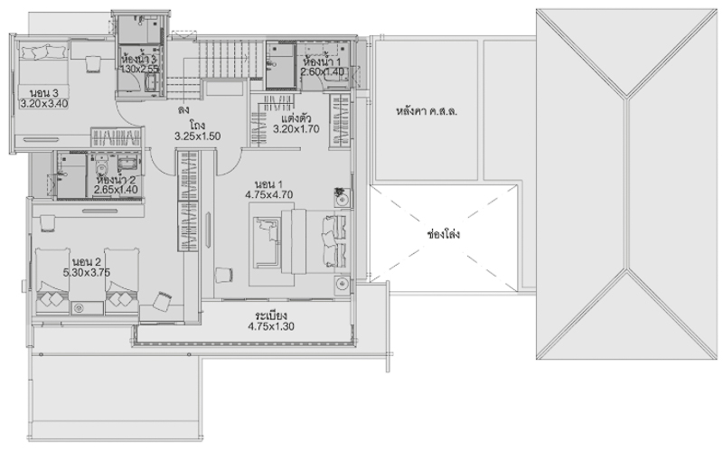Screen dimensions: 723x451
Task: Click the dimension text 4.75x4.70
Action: tap(269, 195)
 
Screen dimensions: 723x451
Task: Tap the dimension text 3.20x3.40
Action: tap(44, 104)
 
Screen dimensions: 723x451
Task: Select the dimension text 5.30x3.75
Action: tap(87, 273)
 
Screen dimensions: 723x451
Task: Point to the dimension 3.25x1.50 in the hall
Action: tap(197, 136)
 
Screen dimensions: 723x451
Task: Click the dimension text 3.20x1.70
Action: tap(296, 129)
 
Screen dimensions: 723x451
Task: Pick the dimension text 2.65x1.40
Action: tap(116, 190)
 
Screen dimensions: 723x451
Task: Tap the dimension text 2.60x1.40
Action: tap(323, 72)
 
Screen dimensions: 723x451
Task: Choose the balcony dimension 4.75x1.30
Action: tap(271, 327)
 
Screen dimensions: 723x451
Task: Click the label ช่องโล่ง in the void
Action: tap(444, 234)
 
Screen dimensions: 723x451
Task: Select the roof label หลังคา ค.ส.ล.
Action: tap(427, 111)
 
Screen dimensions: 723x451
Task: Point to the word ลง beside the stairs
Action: tap(183, 110)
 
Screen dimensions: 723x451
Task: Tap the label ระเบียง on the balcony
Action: tap(271, 315)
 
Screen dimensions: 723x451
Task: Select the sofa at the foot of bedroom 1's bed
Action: tap(266, 242)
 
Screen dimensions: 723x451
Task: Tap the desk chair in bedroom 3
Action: tap(93, 64)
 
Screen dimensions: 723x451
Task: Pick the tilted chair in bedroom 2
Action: tap(162, 301)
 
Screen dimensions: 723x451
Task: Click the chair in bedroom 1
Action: tap(224, 275)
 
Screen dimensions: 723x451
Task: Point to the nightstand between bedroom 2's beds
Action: tap(87, 308)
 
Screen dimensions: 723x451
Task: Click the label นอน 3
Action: tap(44, 93)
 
